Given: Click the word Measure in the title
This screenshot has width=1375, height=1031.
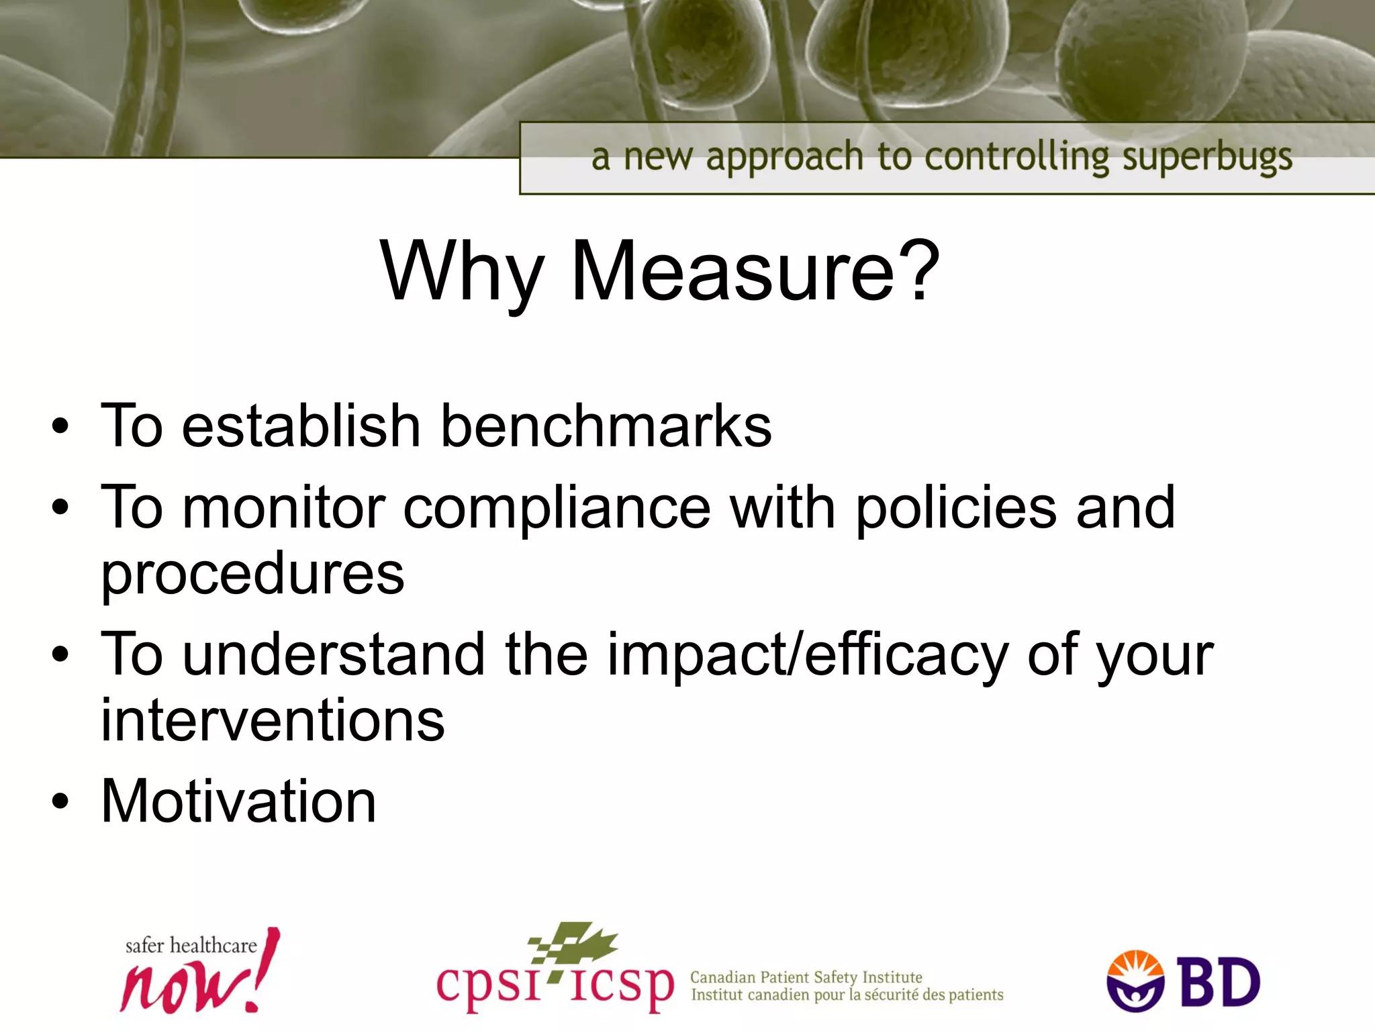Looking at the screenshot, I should pos(732,272).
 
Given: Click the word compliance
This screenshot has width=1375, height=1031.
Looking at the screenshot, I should pos(557,508).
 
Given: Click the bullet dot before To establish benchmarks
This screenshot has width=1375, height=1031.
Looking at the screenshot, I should pos(60,427).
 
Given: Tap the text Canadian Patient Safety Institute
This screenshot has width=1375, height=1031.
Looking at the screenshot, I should pos(806,977).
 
